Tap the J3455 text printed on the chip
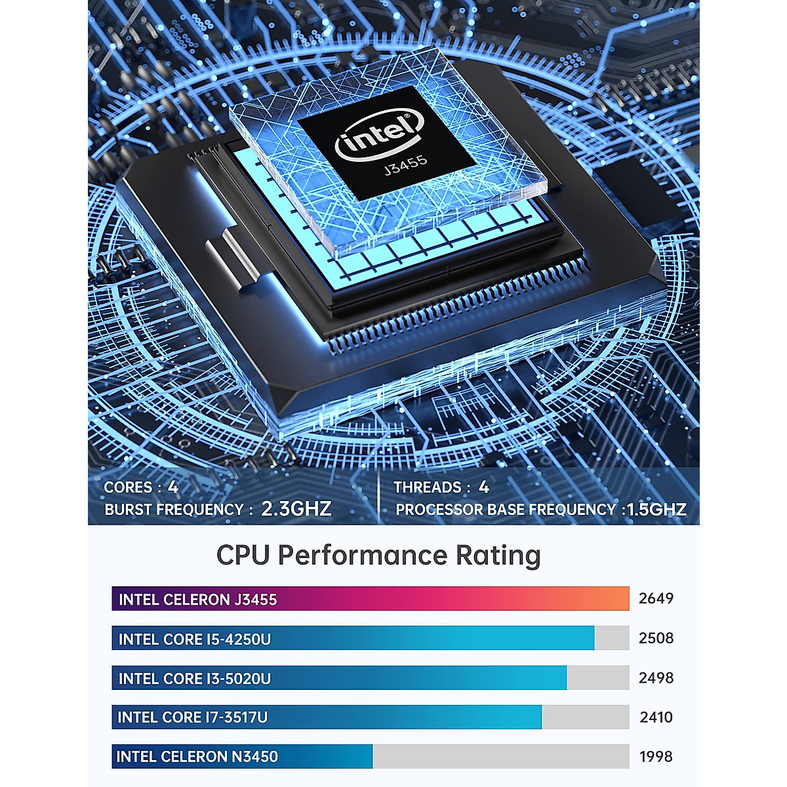coord(406,165)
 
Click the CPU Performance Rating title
coord(378,555)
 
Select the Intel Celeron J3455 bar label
coord(197,599)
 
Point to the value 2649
coord(656,598)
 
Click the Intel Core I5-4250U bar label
coord(194,639)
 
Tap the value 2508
coord(656,638)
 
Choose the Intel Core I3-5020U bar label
coord(194,679)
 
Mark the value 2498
coord(656,678)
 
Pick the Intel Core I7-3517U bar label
coord(193,717)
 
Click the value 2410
coord(656,717)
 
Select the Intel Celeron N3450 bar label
coord(197,757)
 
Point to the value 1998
coord(656,757)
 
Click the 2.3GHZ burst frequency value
coord(296,509)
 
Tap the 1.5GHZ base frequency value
coord(656,510)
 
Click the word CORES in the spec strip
coord(128,487)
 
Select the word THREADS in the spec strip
coord(428,487)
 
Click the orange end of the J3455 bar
coord(613,599)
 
